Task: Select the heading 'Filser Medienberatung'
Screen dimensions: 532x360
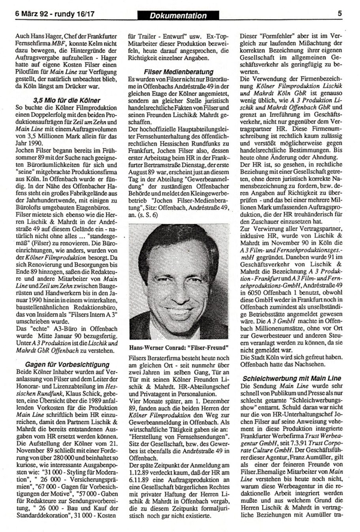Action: pos(179,72)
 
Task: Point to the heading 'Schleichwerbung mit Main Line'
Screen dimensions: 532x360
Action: pos(292,378)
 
